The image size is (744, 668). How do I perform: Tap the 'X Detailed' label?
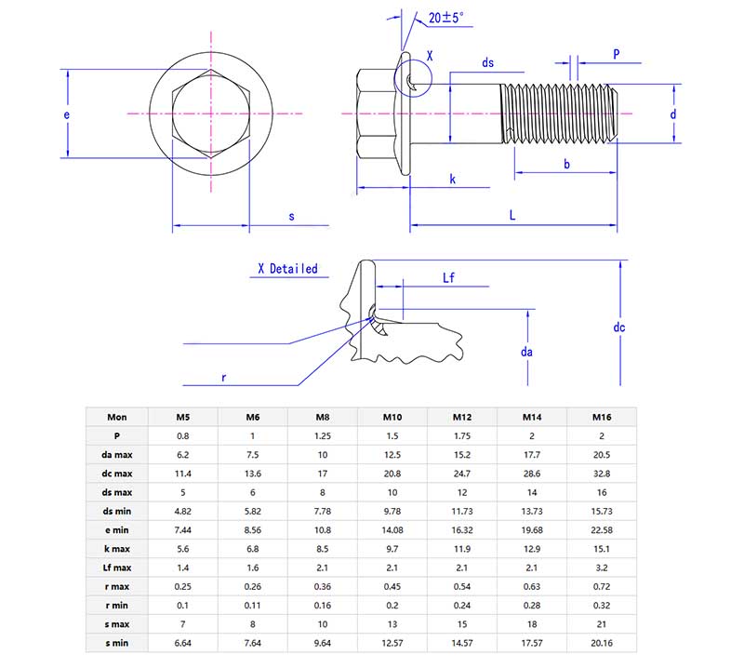pos(287,269)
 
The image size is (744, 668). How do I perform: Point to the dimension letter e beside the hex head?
pos(67,114)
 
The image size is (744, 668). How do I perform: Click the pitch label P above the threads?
pos(617,53)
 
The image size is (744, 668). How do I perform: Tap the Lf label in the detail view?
pos(449,277)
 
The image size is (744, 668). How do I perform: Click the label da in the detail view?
pos(527,352)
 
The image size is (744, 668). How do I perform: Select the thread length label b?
pos(566,164)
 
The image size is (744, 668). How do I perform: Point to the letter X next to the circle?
pos(429,56)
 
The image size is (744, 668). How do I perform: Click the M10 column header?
pos(392,417)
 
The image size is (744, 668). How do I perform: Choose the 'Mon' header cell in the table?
pos(117,417)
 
